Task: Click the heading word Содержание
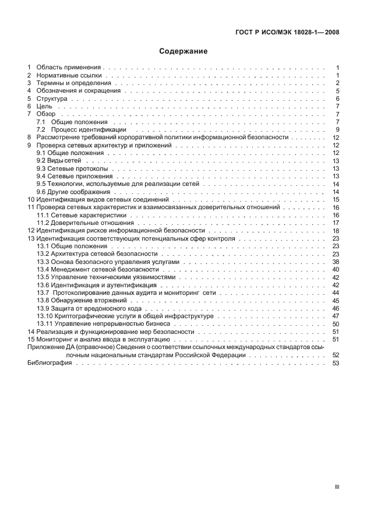tap(183, 51)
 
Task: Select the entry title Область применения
tap(69, 68)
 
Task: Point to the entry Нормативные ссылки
tap(69, 76)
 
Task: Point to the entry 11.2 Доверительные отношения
tap(82, 223)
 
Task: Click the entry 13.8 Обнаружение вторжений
tap(79, 301)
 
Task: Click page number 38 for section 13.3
tap(336, 262)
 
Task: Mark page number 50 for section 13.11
tap(336, 324)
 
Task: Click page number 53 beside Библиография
tap(336, 363)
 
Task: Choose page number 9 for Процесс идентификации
tap(337, 129)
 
